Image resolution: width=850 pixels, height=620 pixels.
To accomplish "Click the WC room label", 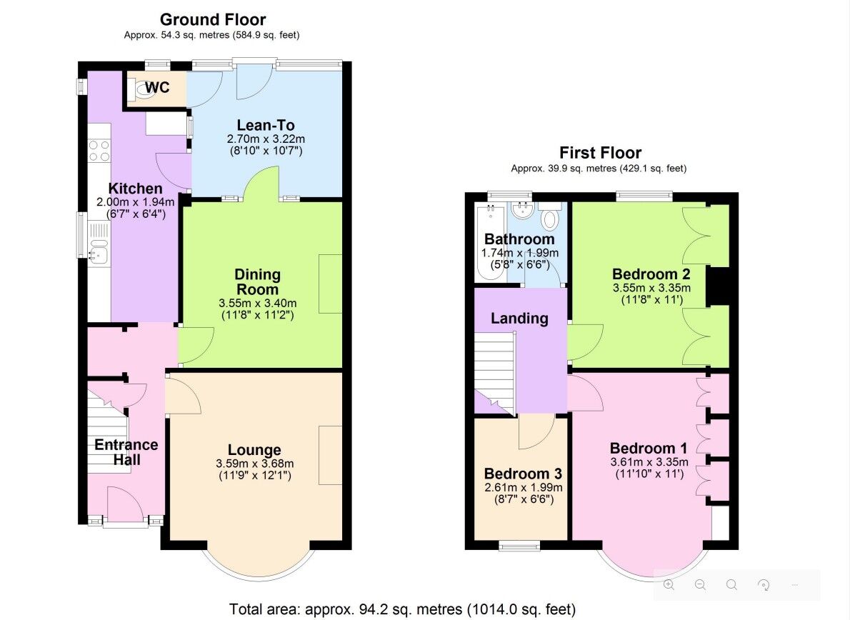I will click(157, 88).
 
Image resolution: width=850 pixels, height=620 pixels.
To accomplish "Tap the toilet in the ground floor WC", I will click(136, 89).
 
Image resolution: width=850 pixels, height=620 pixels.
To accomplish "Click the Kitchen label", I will click(135, 189).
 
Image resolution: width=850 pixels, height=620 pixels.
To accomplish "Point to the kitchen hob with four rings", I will click(99, 151).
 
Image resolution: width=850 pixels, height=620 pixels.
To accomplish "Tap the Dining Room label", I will click(258, 282).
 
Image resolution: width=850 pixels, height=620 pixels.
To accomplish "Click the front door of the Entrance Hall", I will click(124, 506).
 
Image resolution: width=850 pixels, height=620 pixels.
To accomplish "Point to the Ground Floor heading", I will click(213, 19).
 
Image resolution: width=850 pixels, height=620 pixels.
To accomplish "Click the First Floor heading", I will click(600, 153).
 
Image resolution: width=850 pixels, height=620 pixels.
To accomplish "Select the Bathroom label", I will click(519, 239).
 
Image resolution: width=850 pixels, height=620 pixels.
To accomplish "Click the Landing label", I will click(519, 319).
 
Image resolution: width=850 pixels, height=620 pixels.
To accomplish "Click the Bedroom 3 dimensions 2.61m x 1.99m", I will click(523, 488).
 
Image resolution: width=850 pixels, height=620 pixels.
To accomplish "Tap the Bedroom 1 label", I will click(649, 449).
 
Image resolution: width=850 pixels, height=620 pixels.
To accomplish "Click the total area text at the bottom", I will click(402, 609).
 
